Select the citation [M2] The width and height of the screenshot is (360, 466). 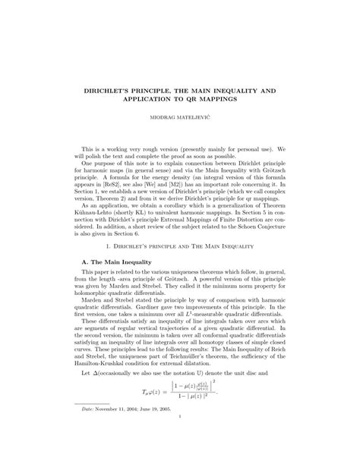click(197, 182)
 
